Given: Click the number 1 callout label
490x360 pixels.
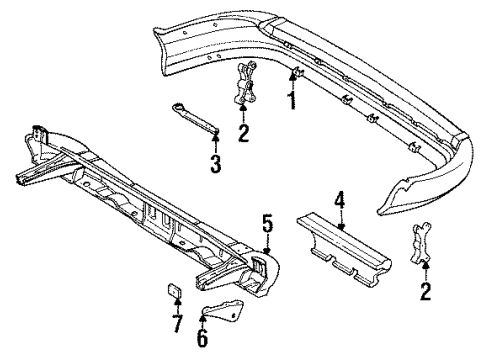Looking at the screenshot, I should pos(293,101).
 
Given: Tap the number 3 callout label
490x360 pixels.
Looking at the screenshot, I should pos(215,164).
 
